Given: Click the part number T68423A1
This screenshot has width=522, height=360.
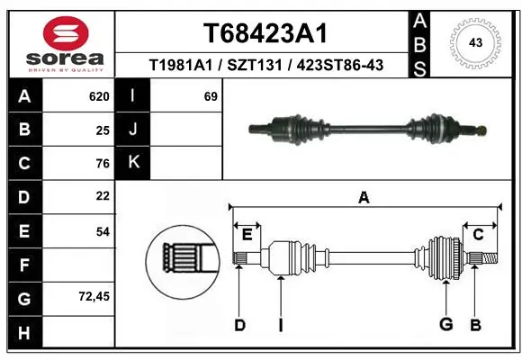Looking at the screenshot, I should pos(264,33).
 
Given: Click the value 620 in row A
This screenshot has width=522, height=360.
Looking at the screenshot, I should pos(99,95).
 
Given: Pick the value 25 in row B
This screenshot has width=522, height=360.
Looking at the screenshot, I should pos(103,130).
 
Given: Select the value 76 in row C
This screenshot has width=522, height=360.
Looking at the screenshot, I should pos(103,164).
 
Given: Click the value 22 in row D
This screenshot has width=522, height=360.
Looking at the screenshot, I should pos(103,196).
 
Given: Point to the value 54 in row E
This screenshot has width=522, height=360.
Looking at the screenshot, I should pos(103,230).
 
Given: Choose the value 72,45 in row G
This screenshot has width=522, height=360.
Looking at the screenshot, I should pos(94,295).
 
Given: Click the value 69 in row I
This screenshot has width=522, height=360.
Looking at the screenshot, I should pos(211,95).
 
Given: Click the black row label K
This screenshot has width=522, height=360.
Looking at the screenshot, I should pos(134,163).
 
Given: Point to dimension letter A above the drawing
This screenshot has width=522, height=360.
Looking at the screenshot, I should pos(364,197).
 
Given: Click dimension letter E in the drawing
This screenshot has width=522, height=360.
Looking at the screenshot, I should pos(247,235).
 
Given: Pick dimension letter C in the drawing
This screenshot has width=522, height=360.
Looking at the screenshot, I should pos(479,235).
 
